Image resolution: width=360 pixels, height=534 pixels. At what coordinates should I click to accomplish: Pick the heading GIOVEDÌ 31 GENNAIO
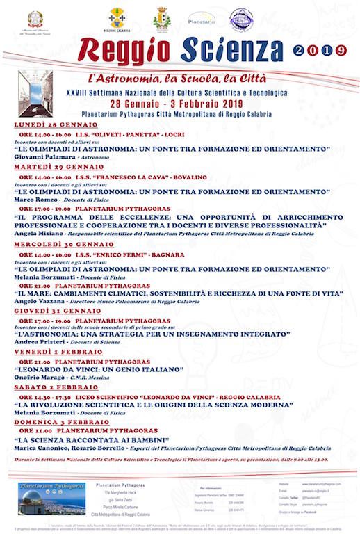tap(50, 311)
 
